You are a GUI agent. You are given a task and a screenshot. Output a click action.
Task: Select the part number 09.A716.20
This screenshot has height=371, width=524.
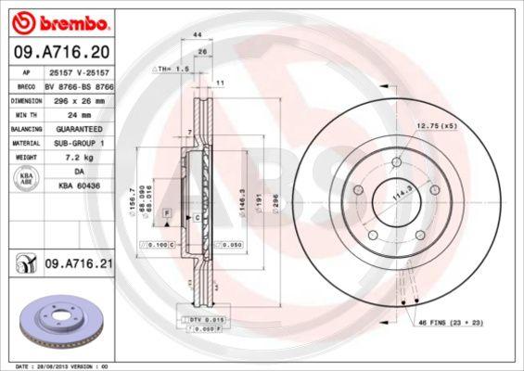(x=57, y=55)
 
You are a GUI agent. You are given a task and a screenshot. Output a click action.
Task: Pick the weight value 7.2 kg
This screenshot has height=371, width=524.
(x=67, y=159)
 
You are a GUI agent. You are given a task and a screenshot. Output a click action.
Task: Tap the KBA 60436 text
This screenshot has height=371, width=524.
(x=78, y=186)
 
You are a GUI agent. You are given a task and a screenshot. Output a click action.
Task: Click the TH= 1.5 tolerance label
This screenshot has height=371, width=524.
(x=172, y=69)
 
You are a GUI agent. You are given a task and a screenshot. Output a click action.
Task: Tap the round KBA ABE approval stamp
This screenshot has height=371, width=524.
(x=27, y=180)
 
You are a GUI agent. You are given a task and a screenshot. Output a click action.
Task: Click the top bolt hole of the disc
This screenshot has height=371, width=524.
(x=397, y=163)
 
